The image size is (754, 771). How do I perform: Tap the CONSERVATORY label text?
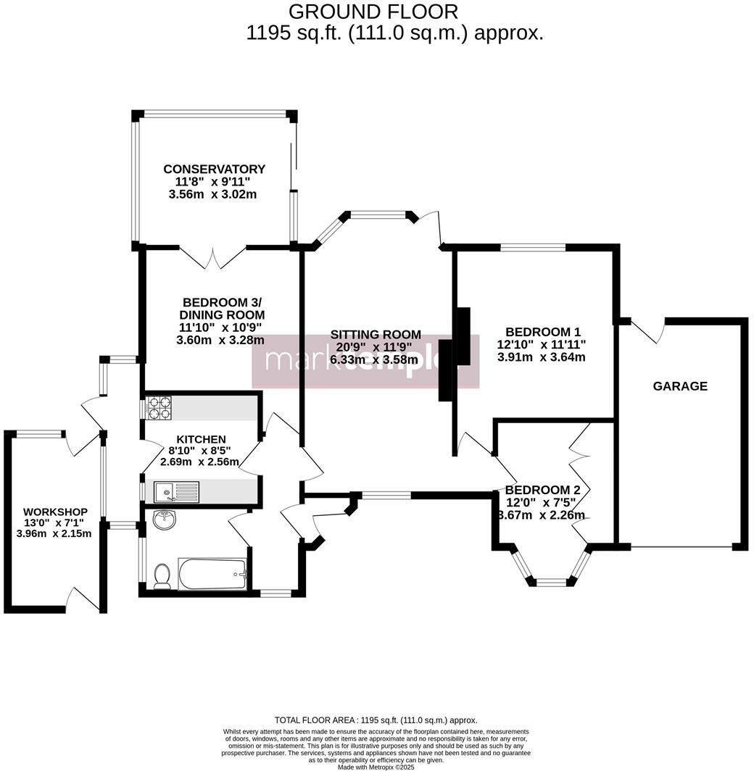[x=214, y=169]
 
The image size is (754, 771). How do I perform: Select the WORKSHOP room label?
[x=54, y=512]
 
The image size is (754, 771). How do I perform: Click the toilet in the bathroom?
[x=162, y=576]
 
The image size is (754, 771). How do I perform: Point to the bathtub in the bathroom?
[x=213, y=573]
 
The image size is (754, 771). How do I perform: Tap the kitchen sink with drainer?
[x=176, y=493]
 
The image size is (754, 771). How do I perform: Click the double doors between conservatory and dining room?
[x=212, y=259]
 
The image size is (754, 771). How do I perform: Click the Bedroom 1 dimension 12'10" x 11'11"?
[x=541, y=344]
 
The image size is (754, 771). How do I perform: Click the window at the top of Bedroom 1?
[x=533, y=248]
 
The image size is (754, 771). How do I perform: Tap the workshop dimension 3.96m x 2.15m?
[x=54, y=534]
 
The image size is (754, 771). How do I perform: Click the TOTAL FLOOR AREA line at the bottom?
[x=376, y=720]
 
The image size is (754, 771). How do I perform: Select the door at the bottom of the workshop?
[x=82, y=599]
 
